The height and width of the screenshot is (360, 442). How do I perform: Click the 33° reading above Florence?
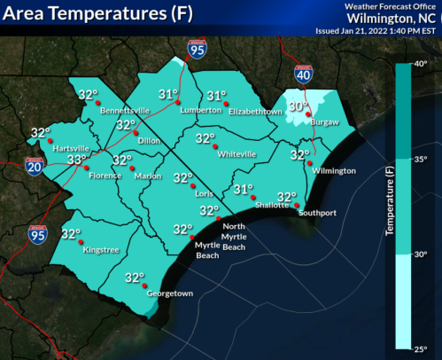click(x=78, y=160)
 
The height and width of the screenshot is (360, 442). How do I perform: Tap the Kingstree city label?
click(x=99, y=250)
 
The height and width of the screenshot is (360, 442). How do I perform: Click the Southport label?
click(x=319, y=213)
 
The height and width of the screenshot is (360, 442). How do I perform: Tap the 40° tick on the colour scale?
click(x=420, y=63)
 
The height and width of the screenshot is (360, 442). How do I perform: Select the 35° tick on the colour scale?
click(x=420, y=159)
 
